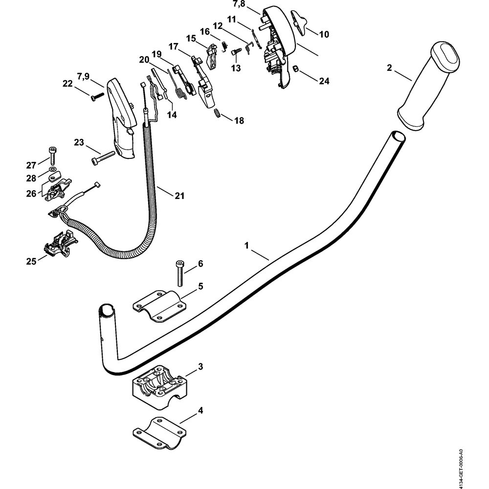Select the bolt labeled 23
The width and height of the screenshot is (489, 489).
coord(102,157)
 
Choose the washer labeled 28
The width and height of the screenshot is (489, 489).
coord(53,172)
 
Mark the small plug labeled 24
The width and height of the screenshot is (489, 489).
coord(296,69)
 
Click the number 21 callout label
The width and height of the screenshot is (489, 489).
coord(179,196)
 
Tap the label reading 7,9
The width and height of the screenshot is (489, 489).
coord(84,76)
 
